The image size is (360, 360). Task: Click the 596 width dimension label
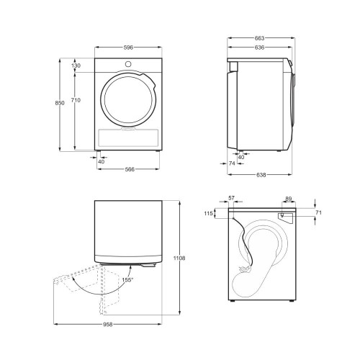coord(128,48)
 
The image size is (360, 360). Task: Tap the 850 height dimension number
coord(60,103)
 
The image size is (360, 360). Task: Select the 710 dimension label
coord(76,100)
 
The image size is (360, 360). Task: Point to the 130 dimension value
coord(76,66)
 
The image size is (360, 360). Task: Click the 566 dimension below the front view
coord(130,169)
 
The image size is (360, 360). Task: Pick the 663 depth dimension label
coord(259,38)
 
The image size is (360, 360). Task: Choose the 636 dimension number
coord(259,48)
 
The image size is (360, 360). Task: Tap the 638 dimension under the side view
coord(261,175)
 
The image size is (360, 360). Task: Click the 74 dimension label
coord(232,163)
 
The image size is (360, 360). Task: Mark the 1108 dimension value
coord(179,258)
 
